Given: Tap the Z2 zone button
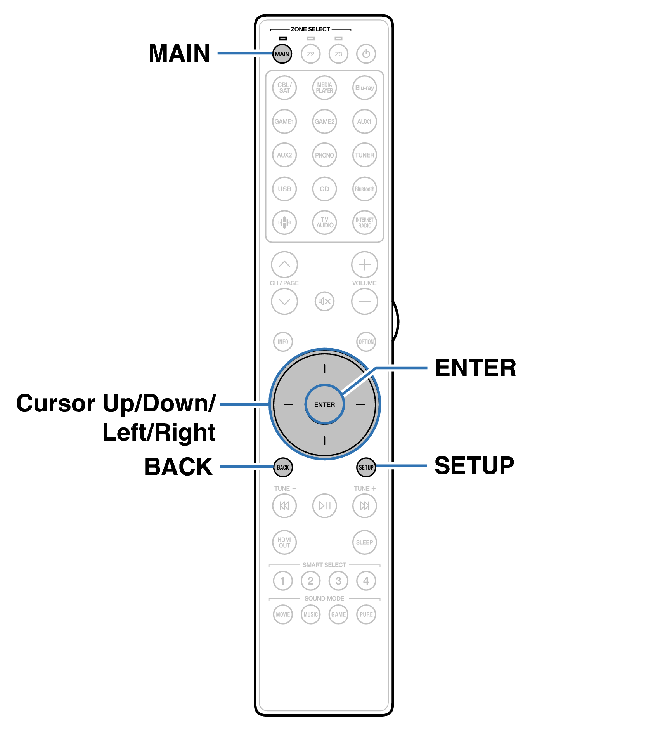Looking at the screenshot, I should click(x=310, y=54).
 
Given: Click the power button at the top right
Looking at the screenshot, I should click(x=366, y=54).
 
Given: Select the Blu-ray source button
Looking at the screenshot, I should click(x=364, y=88).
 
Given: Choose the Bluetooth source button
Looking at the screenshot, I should click(x=364, y=189).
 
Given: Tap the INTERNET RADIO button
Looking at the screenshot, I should click(x=364, y=222).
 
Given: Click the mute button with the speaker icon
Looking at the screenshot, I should click(x=324, y=301).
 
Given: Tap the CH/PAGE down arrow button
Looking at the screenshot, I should click(x=284, y=301).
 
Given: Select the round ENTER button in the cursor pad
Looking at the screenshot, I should click(x=324, y=404).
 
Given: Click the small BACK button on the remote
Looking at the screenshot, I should click(x=283, y=467).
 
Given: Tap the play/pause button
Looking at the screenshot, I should click(x=324, y=505).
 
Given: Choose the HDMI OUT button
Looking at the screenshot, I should click(x=284, y=542).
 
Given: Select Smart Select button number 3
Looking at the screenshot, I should click(x=338, y=581).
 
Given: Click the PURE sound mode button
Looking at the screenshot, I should click(x=366, y=614).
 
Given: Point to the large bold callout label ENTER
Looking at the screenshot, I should click(x=475, y=368).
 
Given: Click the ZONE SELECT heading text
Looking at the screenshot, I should click(x=310, y=29).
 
